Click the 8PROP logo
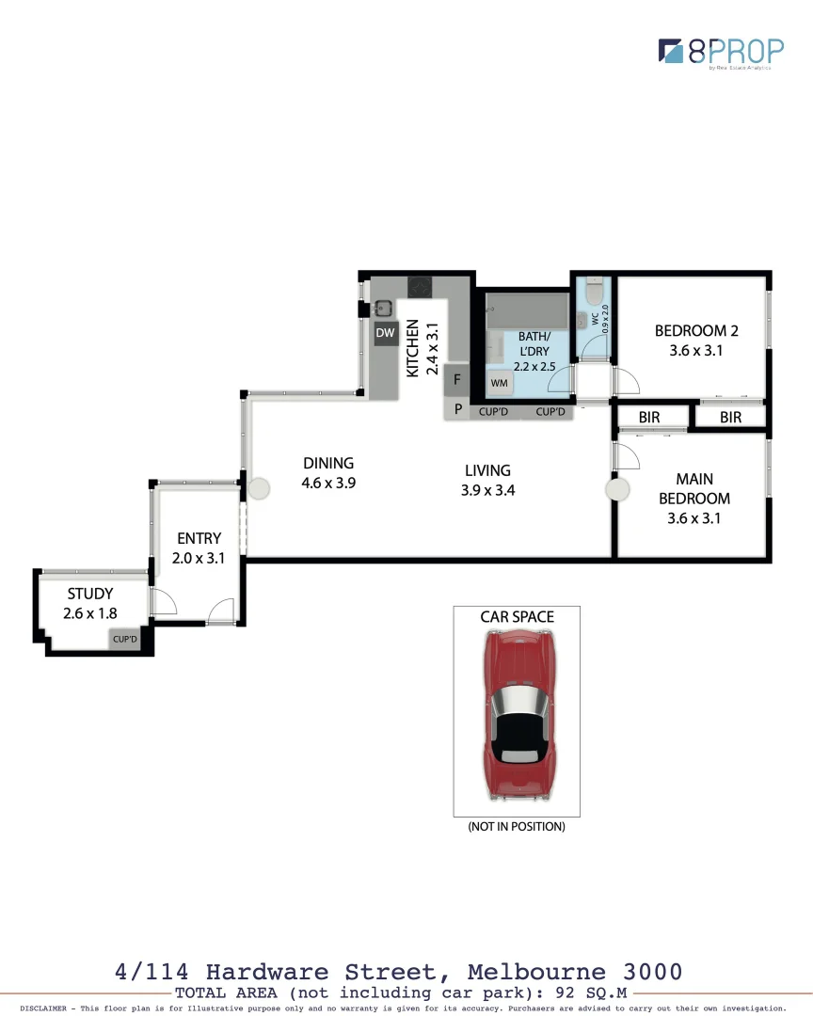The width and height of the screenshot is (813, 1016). pos(720,51)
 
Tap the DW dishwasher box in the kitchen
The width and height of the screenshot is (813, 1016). pos(385,333)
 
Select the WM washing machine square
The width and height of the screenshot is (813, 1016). pos(499,383)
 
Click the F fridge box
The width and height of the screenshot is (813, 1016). pos(457,380)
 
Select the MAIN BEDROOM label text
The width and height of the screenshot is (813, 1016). pos(694,489)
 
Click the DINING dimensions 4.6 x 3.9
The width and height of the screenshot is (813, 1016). pos(328,484)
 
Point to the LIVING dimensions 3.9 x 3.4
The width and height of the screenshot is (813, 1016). pos(487,490)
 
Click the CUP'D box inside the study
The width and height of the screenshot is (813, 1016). pos(125,640)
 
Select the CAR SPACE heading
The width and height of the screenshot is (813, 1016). pos(517,617)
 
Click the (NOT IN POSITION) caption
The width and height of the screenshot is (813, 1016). pos(517,827)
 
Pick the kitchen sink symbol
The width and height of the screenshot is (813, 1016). pos(383,308)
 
